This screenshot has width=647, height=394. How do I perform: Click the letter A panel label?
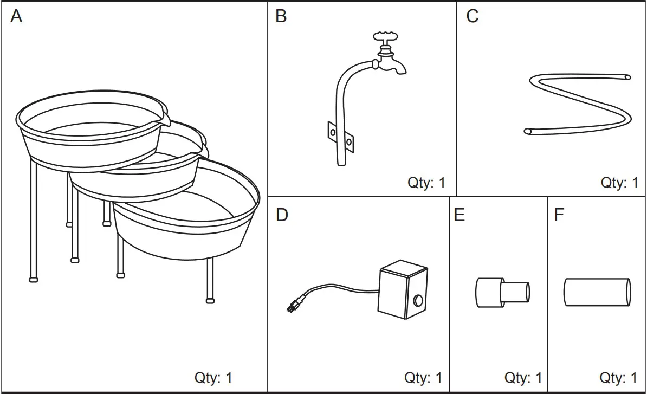coord(16,17)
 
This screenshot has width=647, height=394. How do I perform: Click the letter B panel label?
coord(281,16)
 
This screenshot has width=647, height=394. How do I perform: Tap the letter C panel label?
coord(473,16)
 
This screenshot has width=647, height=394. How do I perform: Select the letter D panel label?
coord(282,215)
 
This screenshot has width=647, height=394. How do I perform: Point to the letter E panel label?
coord(459,215)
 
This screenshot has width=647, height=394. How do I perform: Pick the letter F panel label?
coord(559,215)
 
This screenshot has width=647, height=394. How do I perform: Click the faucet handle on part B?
coord(386,37)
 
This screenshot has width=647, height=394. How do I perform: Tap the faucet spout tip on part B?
coord(401,69)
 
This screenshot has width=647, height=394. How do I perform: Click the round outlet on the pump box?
coord(418,299)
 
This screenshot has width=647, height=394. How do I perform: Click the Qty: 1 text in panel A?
coord(213,377)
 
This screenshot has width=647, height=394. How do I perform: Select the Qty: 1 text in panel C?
coord(619,183)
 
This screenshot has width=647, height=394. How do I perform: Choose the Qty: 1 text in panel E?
coord(523,377)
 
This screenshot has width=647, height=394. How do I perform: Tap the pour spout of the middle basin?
coord(204,149)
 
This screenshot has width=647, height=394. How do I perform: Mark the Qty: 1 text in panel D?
coord(423,377)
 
